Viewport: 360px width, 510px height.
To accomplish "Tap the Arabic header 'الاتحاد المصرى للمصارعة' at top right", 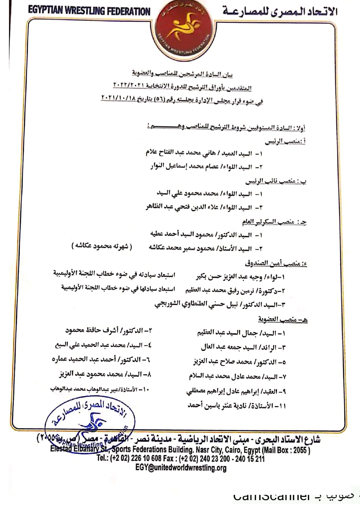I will [280, 12].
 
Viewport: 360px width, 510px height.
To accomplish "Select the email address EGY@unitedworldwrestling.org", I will [181, 468].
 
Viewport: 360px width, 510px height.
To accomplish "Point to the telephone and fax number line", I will [181, 459].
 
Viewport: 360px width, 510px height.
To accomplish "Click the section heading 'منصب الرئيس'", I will [286, 142].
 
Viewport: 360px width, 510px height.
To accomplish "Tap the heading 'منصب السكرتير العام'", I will [274, 222].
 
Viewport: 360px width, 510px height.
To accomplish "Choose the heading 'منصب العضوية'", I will [283, 320].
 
